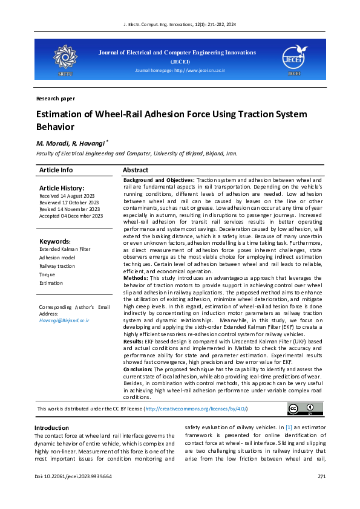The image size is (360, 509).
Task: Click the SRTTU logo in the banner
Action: pos(65,58)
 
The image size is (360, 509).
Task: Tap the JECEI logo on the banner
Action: pos(294,58)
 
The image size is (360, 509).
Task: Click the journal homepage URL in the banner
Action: pos(180,71)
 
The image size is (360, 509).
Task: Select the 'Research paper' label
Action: pos(56,98)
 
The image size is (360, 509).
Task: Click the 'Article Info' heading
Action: pos(56,170)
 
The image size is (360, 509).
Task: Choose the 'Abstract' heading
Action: pos(136,170)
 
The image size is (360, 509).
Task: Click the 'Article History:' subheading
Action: pos(62,189)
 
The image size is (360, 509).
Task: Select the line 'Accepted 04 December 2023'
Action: pos(71,216)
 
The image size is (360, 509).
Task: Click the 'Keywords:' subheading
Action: pos(54,242)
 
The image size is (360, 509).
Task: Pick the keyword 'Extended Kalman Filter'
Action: pos(65,249)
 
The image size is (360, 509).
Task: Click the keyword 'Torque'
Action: pos(47,274)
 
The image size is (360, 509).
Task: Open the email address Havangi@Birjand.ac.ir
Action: pos(64,320)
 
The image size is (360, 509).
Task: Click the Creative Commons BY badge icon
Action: pos(301,409)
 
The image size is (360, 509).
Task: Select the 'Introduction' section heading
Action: pos(52,428)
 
